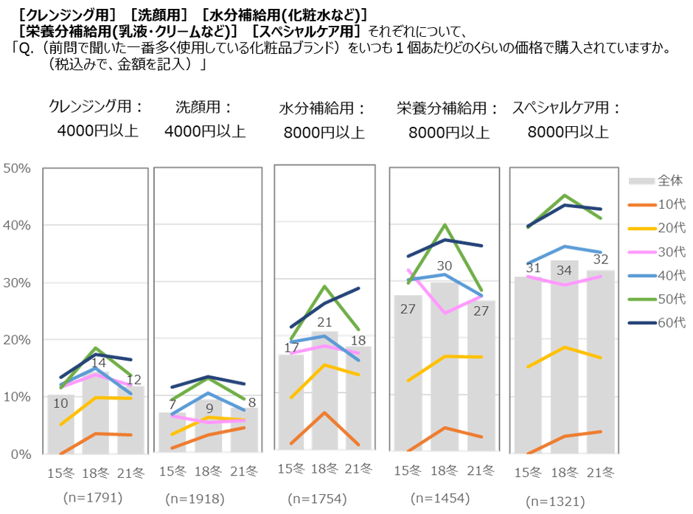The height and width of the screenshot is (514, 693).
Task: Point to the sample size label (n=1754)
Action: [x=320, y=499]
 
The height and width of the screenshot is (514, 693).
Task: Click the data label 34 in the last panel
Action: [x=564, y=271]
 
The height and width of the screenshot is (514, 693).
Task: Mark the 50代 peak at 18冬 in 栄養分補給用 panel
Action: [x=445, y=225]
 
